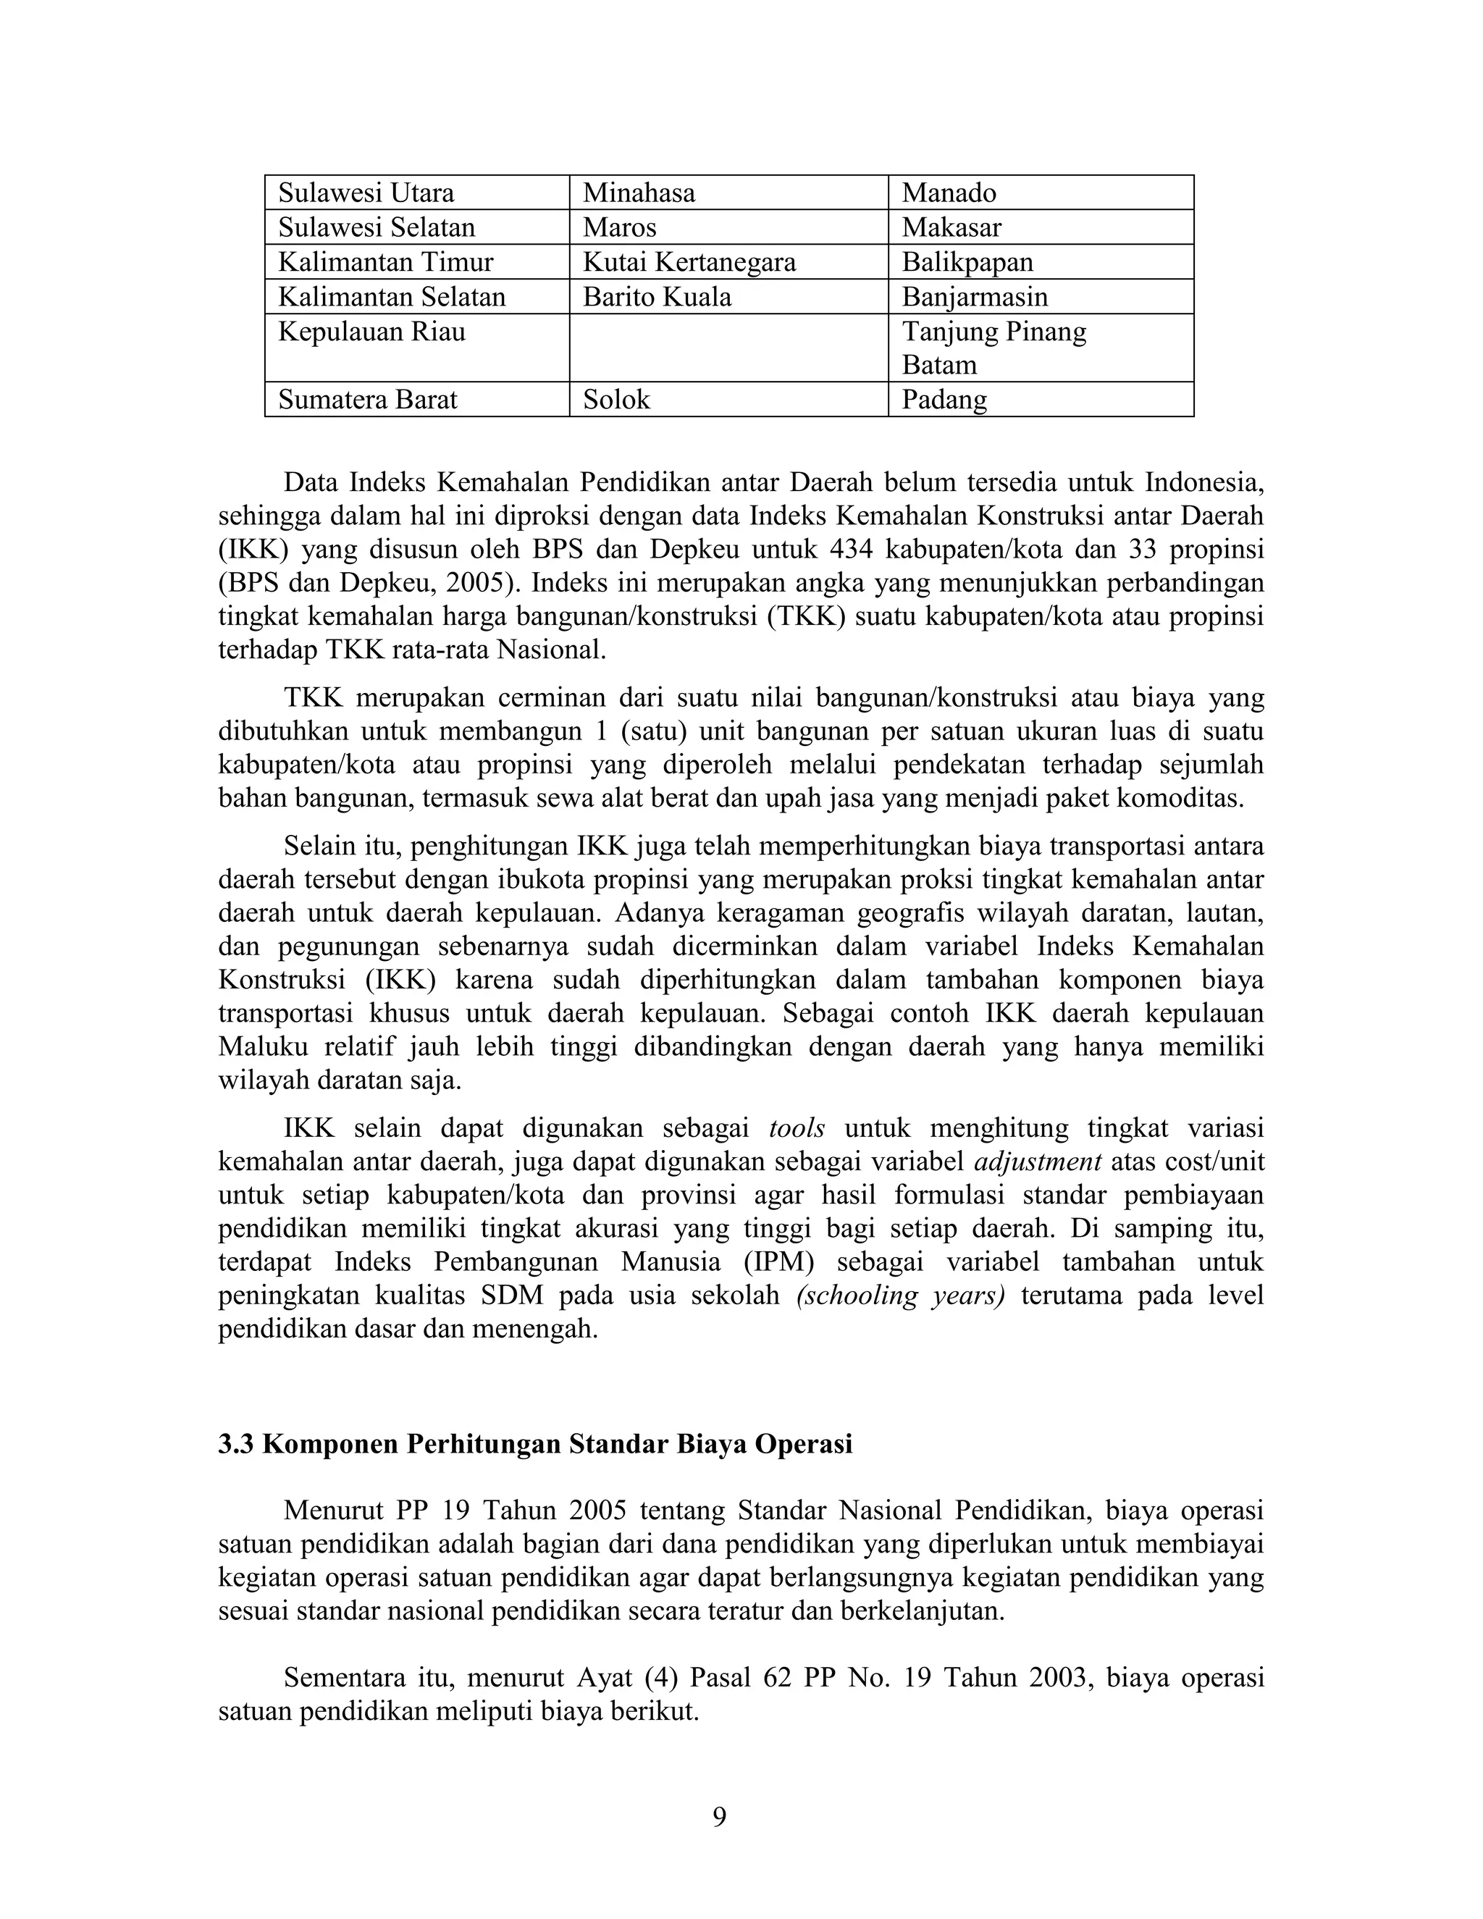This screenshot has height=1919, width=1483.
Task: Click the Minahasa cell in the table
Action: pos(639,193)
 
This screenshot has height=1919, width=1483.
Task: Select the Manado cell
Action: pos(949,193)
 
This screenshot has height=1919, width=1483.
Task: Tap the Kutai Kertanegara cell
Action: pos(689,262)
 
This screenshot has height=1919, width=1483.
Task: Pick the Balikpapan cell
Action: pos(967,262)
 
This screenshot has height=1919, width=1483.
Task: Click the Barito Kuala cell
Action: pos(658,297)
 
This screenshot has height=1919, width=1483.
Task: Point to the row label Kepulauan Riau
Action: pos(371,332)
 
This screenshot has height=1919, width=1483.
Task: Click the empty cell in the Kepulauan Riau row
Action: pos(728,348)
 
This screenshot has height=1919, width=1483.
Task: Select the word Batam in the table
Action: pos(939,365)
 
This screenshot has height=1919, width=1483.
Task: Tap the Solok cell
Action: pos(617,400)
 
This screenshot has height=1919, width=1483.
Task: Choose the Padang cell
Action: pos(944,400)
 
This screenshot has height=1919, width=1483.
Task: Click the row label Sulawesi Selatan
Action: pos(377,227)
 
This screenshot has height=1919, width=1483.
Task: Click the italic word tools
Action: pos(797,1128)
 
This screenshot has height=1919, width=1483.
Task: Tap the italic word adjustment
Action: pos(1038,1162)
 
